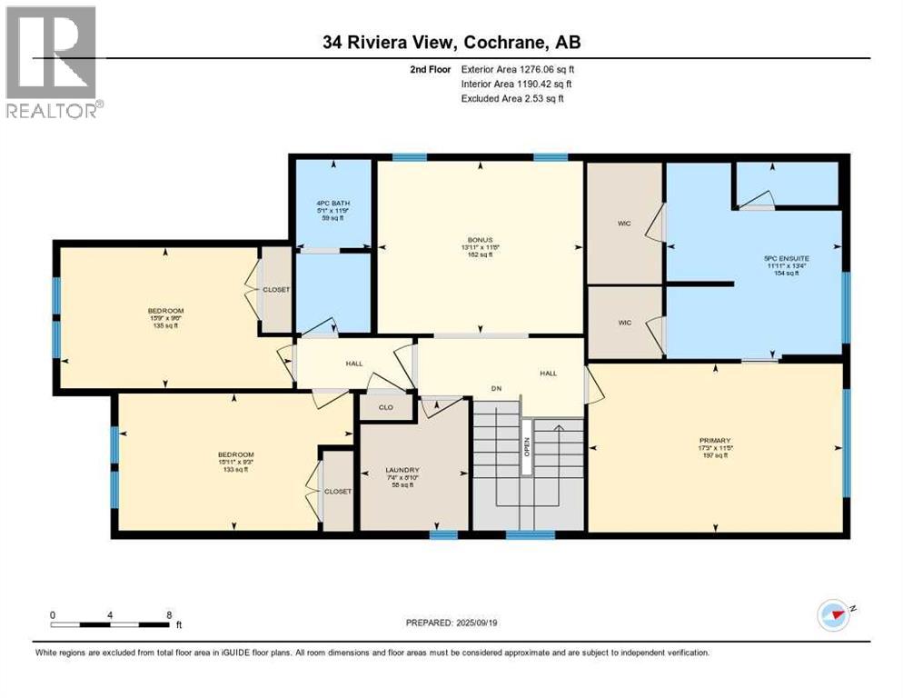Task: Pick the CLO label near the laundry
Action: point(384,408)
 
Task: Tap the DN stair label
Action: point(497,389)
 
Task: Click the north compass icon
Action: point(833,614)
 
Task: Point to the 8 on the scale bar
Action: point(169,614)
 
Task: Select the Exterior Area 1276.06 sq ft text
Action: point(518,68)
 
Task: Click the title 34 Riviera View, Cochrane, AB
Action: point(450,43)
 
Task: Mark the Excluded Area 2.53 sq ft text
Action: point(512,98)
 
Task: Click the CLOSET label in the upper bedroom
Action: point(276,290)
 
